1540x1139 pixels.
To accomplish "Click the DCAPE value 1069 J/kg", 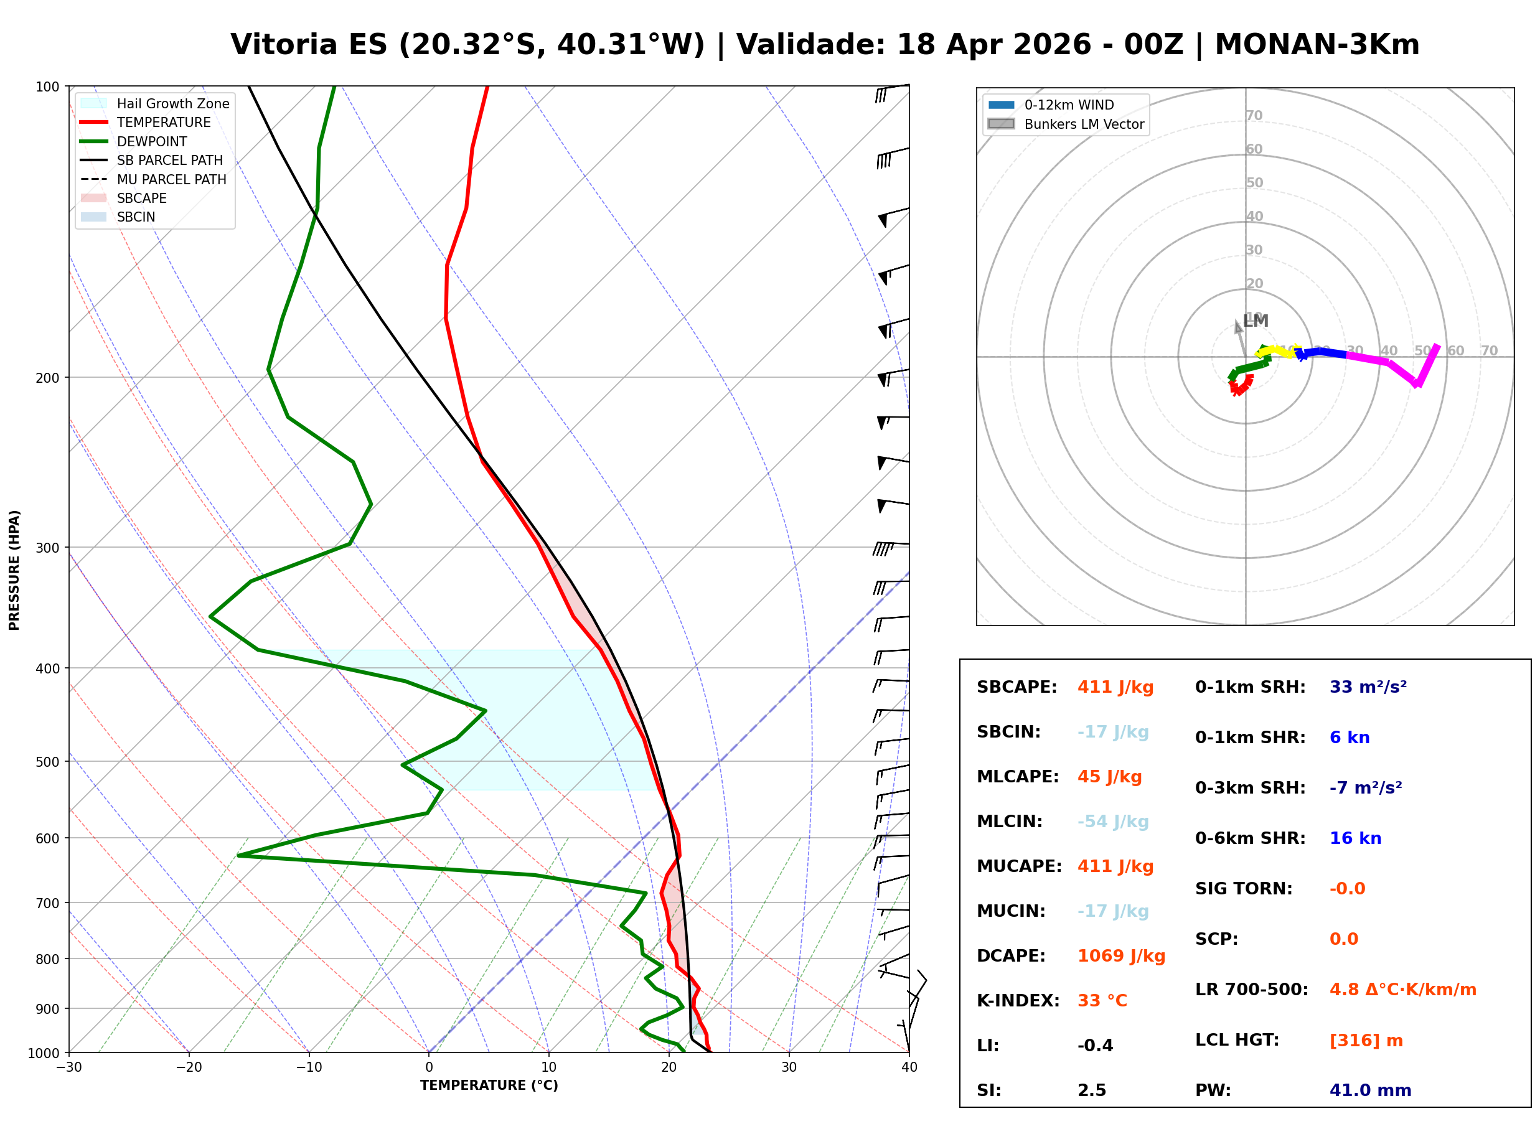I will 1121,956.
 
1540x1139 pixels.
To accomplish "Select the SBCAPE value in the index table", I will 1115,687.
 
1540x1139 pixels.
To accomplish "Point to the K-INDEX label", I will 1018,1001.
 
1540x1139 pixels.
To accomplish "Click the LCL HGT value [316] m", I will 1366,1041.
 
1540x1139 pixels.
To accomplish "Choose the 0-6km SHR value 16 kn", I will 1355,838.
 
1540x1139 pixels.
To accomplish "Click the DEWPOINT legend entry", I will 152,141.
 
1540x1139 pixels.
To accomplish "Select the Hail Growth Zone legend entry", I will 172,103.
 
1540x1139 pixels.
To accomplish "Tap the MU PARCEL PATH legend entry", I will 171,179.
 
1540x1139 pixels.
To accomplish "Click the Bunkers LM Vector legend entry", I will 1084,124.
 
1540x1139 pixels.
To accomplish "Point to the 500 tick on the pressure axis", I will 47,762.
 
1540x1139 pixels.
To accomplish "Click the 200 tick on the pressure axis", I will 47,378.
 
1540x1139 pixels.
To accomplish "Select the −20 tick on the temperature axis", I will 188,1067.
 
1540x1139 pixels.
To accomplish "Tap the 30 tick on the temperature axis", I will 789,1067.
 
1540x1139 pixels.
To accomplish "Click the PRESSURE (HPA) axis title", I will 14,570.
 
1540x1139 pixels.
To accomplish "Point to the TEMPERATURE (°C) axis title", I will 489,1085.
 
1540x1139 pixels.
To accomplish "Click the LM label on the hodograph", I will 1256,321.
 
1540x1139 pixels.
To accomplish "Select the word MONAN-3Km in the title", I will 1317,45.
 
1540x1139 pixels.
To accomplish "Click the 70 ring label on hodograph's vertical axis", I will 1254,115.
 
